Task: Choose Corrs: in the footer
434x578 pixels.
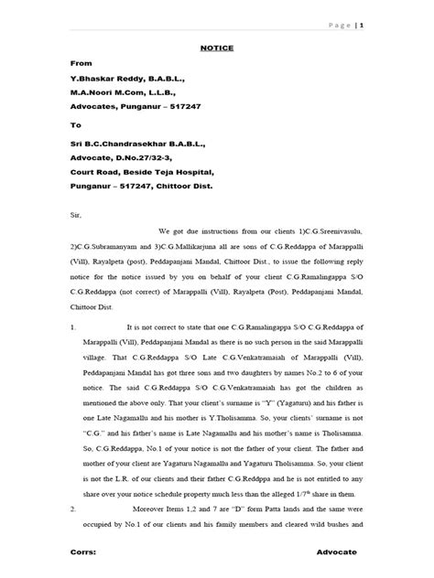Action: click(x=83, y=553)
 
